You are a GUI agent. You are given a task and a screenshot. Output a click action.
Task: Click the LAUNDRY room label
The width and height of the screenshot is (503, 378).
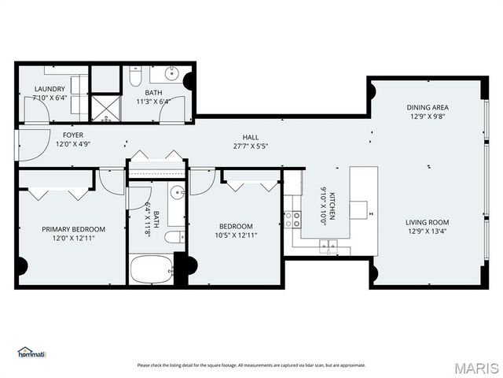(50, 89)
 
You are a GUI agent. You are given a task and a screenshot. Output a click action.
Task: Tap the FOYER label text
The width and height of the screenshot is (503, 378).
(73, 135)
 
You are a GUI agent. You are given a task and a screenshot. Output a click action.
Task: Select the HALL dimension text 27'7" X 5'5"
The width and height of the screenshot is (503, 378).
(251, 146)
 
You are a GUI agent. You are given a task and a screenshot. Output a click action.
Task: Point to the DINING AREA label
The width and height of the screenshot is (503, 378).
(428, 107)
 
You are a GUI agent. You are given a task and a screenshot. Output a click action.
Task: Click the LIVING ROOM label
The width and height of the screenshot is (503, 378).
(428, 222)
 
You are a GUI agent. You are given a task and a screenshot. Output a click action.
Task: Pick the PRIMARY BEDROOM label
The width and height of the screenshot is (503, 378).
(73, 229)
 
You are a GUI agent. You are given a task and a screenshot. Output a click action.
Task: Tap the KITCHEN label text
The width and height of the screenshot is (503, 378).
(332, 206)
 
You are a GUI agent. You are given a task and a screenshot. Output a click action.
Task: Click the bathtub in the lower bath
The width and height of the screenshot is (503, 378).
(152, 269)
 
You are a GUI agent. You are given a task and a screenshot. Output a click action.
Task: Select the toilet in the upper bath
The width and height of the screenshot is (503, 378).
(135, 76)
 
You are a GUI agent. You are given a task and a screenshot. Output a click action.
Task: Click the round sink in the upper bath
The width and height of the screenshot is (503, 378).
(171, 74)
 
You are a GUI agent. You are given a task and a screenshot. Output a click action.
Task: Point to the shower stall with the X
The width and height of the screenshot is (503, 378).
(106, 109)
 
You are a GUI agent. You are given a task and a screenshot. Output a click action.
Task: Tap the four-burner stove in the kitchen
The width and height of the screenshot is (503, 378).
(292, 220)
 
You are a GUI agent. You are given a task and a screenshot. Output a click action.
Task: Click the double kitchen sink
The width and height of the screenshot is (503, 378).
(329, 246)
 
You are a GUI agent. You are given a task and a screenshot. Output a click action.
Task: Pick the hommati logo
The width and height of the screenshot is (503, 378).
(31, 352)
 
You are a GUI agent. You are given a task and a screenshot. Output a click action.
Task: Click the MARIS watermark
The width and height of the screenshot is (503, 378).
(477, 369)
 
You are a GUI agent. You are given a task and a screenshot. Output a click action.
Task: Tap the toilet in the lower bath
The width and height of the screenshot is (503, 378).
(174, 237)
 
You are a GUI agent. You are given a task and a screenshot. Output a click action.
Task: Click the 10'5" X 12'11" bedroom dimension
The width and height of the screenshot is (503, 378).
(236, 235)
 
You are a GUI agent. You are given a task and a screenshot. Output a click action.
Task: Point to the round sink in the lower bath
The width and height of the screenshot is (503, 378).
(177, 193)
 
